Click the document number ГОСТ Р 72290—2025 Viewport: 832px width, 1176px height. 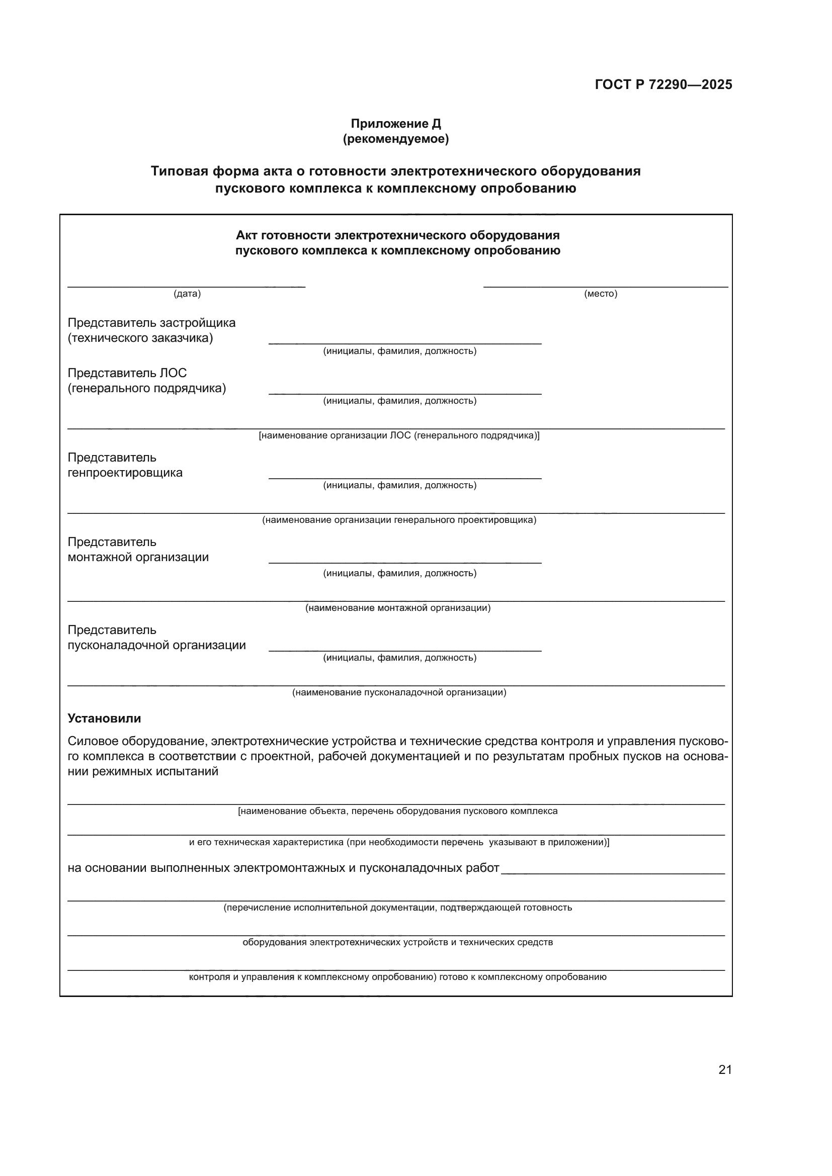[663, 84]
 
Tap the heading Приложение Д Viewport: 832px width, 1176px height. [395, 124]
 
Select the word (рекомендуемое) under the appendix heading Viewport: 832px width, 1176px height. [395, 139]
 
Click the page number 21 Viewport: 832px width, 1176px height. [725, 1069]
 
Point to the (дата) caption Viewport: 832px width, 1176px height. [187, 294]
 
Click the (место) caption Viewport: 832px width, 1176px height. [601, 294]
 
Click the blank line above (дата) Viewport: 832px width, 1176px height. [187, 286]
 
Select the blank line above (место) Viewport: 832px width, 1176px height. [606, 286]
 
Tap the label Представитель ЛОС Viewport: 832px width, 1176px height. [127, 373]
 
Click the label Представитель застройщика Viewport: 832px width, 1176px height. [151, 323]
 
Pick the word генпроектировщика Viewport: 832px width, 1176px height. [125, 472]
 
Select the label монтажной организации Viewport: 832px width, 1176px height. [138, 557]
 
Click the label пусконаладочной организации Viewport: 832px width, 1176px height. [157, 645]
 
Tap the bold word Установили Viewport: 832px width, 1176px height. [104, 718]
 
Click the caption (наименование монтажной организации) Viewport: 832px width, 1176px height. [398, 608]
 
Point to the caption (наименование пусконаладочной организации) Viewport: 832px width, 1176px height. [399, 692]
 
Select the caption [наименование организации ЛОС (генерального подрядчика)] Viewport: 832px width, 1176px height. [399, 435]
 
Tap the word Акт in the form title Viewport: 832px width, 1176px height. [246, 235]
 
